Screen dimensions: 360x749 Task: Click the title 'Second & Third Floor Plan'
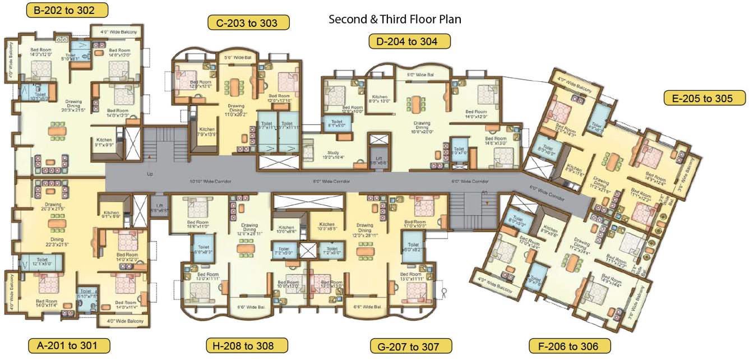tap(395, 20)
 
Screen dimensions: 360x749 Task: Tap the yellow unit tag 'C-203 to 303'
tap(248, 22)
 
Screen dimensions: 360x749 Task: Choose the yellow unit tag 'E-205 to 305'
tap(705, 98)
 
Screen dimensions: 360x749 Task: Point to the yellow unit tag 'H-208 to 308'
tap(247, 345)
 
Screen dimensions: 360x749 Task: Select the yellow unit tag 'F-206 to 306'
tap(571, 345)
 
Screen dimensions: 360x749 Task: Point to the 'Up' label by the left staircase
tap(150, 174)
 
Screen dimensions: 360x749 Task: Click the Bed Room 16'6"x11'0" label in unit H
tap(198, 225)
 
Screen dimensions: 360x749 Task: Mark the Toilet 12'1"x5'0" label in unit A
tap(41, 262)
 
